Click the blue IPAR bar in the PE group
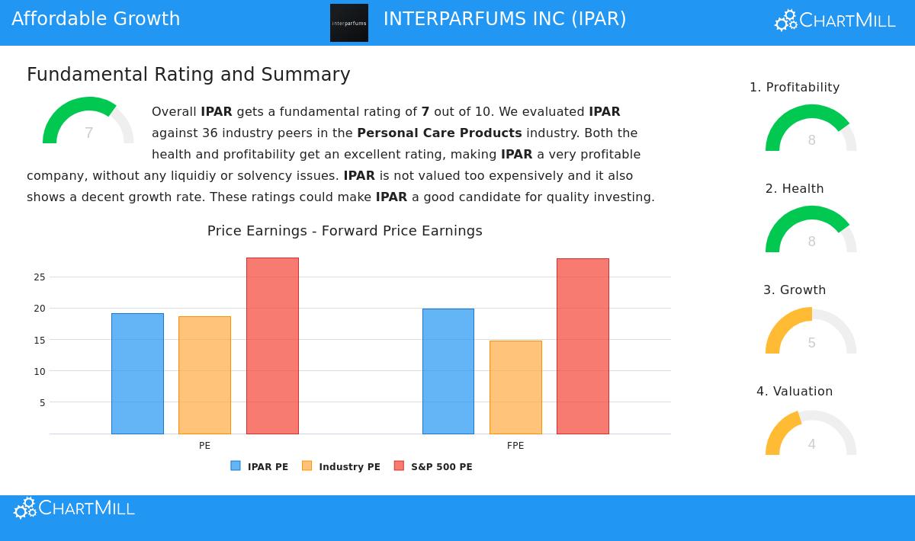[137, 373]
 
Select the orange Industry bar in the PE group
[204, 375]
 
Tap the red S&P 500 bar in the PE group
[272, 346]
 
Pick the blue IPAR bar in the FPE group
[448, 371]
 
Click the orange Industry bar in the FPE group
[515, 387]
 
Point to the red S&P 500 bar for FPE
[583, 346]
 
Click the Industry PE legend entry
[341, 466]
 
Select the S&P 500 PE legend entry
[433, 466]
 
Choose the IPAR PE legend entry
[259, 466]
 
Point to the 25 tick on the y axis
[40, 277]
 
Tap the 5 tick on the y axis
[43, 403]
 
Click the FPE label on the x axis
[515, 446]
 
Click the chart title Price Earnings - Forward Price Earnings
[345, 231]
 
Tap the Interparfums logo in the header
[349, 23]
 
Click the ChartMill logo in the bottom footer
[74, 508]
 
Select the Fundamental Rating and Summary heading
[188, 75]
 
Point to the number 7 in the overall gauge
[88, 133]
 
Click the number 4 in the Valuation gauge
[811, 444]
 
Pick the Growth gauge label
[795, 290]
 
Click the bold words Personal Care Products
[439, 133]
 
